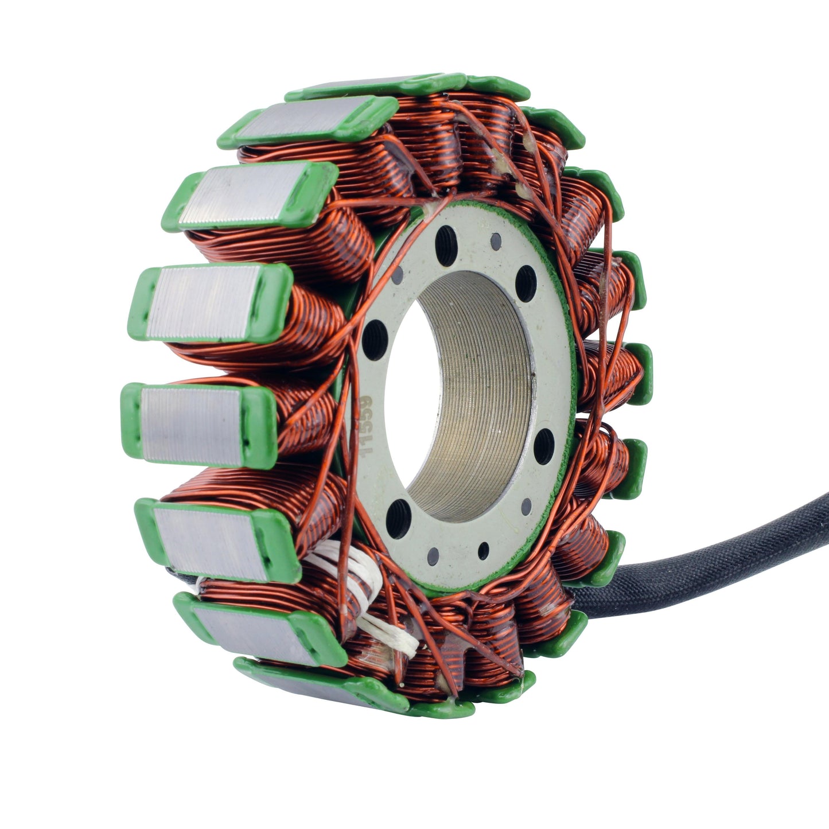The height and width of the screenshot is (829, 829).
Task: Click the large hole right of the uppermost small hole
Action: (525, 283)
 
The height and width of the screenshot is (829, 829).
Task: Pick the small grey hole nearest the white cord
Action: (433, 555)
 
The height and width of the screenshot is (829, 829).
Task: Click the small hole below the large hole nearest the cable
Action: (526, 505)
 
